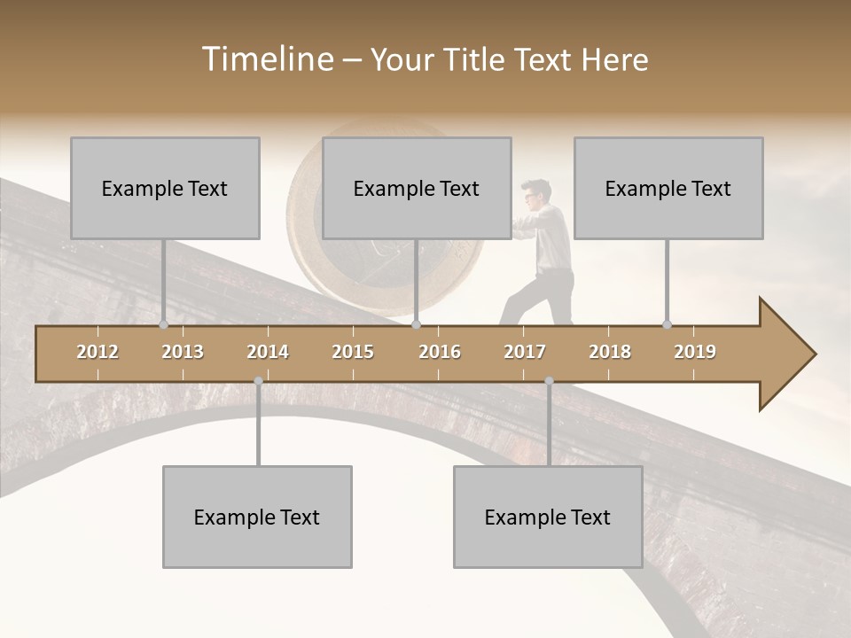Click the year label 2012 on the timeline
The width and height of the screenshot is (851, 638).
point(98,352)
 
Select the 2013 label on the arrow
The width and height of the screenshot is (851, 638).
point(183,352)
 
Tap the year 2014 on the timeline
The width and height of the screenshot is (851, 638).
point(268,352)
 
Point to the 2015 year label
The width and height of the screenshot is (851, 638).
point(353,352)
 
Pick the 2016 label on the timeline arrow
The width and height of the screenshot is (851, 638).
point(440,352)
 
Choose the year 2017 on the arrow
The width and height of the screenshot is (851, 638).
point(525,352)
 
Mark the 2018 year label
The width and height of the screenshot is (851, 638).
point(610,352)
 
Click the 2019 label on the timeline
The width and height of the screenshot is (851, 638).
point(695,352)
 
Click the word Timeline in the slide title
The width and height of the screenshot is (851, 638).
point(266,59)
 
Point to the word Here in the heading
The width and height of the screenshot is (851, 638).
point(614,59)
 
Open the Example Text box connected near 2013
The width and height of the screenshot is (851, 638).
point(165,188)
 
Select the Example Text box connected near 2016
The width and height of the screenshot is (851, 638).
point(417,188)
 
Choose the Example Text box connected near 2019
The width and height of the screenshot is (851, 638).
point(668,188)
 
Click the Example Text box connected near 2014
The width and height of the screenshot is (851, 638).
point(257,517)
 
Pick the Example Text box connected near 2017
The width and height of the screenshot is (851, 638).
point(548,517)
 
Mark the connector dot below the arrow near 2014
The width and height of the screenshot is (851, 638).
point(258,381)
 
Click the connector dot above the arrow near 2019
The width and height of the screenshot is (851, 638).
point(667,324)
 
